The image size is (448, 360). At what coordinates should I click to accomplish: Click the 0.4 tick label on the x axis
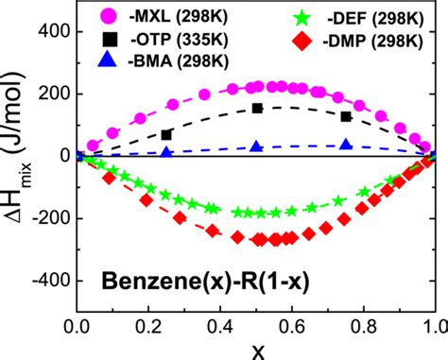click(220, 328)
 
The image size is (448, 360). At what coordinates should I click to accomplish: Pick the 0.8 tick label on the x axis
click(363, 328)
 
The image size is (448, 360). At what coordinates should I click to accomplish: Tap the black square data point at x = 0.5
click(257, 109)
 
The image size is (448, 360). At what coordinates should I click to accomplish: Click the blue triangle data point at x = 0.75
click(346, 145)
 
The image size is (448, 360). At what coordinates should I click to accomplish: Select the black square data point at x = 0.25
click(167, 135)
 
